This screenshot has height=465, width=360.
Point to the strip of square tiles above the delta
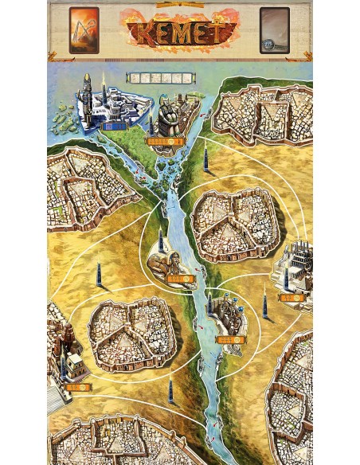[x=160, y=78]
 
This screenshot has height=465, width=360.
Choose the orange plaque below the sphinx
[x=182, y=279]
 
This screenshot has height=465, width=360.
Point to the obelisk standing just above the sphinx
[x=160, y=239]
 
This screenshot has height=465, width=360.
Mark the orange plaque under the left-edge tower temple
[x=76, y=386]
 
